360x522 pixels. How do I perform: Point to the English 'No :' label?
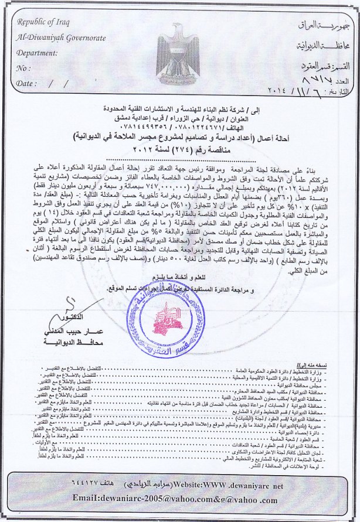pyautogui.click(x=24, y=68)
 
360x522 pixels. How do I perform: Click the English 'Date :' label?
pyautogui.click(x=27, y=84)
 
